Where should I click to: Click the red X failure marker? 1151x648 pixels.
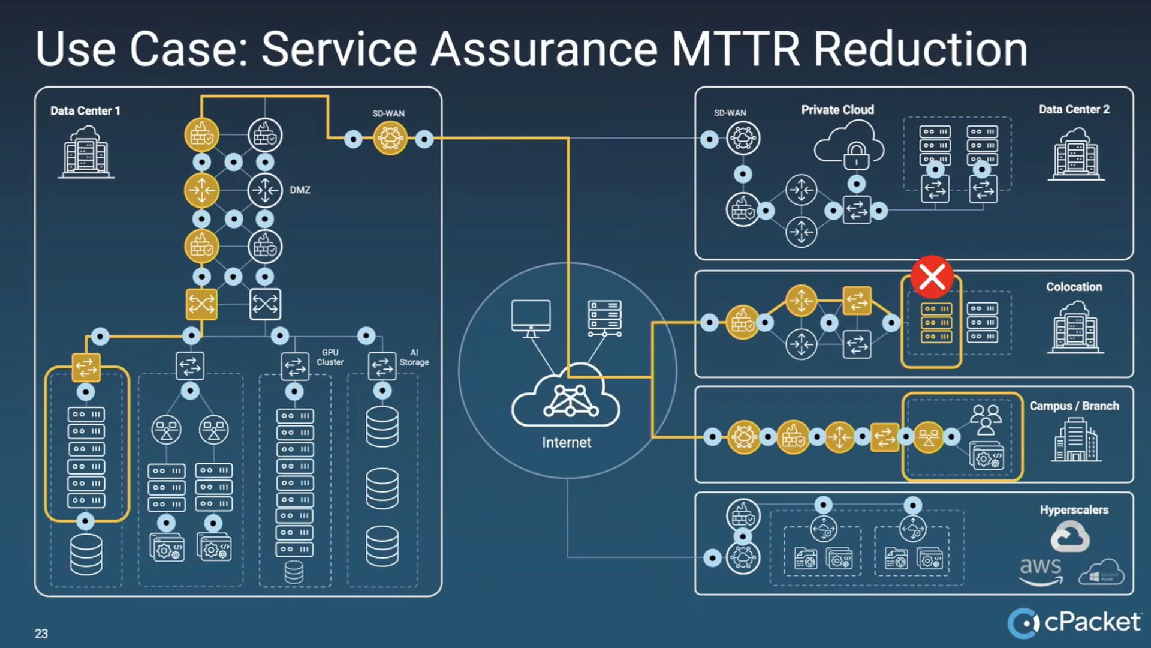pos(932,277)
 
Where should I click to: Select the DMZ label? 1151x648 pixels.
pos(300,190)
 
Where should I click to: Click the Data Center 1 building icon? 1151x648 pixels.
pos(86,152)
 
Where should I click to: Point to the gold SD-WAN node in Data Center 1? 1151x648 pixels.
pos(390,139)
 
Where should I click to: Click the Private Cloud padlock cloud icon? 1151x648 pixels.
pos(849,145)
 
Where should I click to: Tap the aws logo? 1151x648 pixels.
pos(1041,569)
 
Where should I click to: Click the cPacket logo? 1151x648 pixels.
pos(1074,622)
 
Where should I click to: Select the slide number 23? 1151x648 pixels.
pos(41,634)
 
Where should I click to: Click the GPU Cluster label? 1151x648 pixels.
pos(330,357)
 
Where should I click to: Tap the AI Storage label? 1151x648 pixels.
pos(414,357)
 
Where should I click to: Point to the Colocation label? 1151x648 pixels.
pos(1074,287)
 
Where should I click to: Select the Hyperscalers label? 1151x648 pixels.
pos(1074,509)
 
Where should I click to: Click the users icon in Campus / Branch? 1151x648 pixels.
pos(986,419)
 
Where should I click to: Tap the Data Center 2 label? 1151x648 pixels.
pos(1074,109)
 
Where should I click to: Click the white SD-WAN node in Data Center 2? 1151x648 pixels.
pos(743,139)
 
